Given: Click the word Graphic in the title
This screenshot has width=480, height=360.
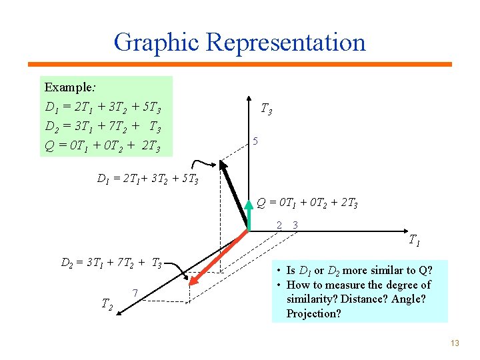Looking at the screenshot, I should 157,42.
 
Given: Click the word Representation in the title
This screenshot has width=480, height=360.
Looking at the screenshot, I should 286,42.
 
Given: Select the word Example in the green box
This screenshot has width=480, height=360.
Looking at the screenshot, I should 68,87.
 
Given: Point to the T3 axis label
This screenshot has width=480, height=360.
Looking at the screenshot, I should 265,108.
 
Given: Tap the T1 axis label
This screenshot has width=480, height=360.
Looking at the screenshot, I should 414,240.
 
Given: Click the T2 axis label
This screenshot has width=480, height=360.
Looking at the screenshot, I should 106,304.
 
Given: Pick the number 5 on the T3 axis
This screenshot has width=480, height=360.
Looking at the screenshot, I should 255,141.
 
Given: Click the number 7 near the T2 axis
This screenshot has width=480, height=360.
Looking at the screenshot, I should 135,293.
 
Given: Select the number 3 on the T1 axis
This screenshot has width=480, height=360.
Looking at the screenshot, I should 295,225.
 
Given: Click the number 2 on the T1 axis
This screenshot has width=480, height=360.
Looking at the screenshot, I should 280,225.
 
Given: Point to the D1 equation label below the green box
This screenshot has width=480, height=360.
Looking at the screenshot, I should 147,179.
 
